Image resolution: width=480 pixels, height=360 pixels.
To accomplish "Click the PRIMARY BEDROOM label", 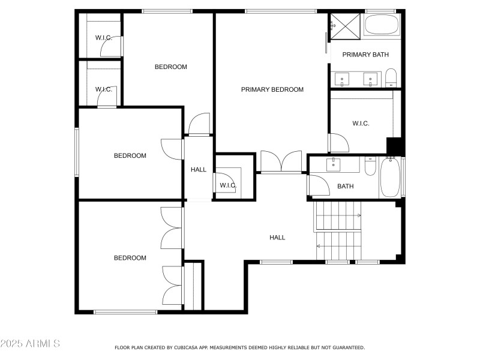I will (x=272, y=89).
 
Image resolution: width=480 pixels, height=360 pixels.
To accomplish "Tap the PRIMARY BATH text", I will (x=365, y=55).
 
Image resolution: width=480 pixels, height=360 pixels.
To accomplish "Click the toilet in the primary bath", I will (x=391, y=77).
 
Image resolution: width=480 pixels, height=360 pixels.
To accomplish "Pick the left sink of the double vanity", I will (x=342, y=79).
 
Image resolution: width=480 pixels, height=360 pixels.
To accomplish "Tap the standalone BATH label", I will (x=345, y=186).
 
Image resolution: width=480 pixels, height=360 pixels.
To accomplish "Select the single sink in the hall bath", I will (x=334, y=164).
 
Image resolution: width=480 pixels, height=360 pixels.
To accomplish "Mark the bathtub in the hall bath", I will (x=390, y=176).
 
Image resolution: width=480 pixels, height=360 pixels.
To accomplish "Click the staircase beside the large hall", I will (x=340, y=231).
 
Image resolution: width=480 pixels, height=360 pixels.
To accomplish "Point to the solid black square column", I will (x=394, y=146).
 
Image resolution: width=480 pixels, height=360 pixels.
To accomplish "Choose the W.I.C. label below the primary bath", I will (x=361, y=123).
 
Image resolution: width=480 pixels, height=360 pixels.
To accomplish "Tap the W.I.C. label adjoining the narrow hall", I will (x=227, y=185).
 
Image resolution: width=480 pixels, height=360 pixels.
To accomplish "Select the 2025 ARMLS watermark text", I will (x=30, y=344).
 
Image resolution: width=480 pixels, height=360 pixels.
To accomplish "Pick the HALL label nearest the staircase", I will (x=277, y=238).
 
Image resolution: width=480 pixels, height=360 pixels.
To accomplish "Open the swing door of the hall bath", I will (x=319, y=187).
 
